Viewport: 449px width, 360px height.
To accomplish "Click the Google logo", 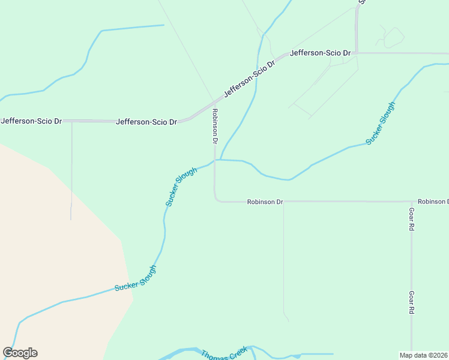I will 20,353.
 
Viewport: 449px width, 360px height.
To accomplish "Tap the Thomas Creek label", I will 224,353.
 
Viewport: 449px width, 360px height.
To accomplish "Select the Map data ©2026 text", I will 424,355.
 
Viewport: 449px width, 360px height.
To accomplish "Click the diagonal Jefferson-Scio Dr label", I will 249,79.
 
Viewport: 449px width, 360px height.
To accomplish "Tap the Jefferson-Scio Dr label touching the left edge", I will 31,121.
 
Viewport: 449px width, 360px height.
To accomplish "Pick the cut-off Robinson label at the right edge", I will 433,202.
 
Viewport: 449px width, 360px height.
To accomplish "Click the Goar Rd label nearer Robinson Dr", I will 411,220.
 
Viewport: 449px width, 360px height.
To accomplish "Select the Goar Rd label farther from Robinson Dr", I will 411,303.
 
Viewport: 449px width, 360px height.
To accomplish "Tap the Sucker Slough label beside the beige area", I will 135,278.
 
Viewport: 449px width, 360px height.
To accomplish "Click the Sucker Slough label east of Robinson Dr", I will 381,124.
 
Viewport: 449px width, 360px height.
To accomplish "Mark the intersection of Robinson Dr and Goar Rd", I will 411,202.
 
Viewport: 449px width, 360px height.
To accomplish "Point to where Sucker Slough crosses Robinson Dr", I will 215,160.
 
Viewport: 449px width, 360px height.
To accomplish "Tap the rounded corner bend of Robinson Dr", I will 216,200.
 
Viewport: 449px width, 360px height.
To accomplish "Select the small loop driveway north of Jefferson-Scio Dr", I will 393,37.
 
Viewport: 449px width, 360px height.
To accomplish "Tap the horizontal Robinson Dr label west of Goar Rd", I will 265,202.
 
